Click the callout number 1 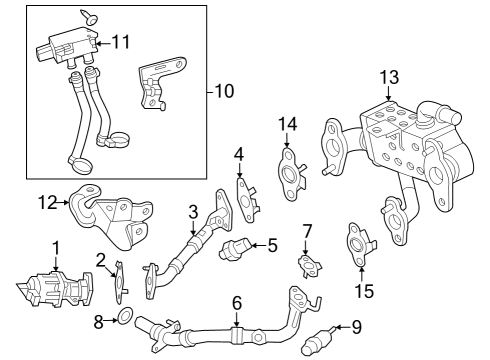[x=56, y=246]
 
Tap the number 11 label [x=121, y=42]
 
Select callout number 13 [x=389, y=77]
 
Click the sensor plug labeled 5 [x=236, y=247]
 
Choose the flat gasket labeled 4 [x=244, y=195]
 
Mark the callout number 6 [x=237, y=301]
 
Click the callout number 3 [x=192, y=212]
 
